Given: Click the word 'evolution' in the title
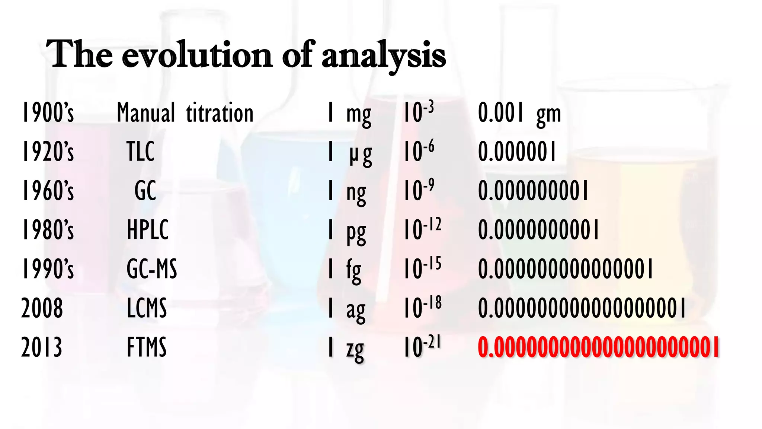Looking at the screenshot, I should tap(197, 56).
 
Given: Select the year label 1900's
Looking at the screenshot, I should tap(48, 112).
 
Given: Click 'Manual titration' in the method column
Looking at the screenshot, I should tap(185, 112).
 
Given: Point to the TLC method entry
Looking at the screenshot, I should tap(140, 152).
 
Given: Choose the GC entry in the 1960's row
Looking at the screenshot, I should tap(145, 191).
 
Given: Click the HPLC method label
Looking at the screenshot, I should tap(148, 230).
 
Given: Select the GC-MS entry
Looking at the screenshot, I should tap(152, 269).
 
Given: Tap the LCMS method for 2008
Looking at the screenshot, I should tap(147, 308).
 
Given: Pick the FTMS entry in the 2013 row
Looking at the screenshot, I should tap(147, 347).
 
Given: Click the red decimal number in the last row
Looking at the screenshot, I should tap(598, 347).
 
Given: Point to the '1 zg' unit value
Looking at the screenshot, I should tap(346, 349).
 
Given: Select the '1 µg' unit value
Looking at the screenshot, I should tap(349, 153).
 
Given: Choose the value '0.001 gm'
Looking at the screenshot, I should tap(519, 113).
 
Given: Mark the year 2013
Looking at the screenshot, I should tap(42, 347).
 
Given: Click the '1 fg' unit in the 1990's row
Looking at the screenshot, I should tap(344, 270).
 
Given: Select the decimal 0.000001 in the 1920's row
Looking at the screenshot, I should tap(517, 152).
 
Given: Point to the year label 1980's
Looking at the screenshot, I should tap(48, 230).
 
